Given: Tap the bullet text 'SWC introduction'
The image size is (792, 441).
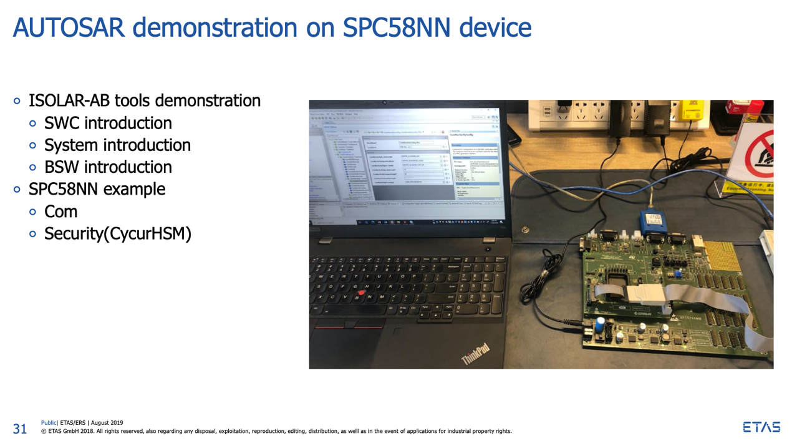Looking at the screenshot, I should pyautogui.click(x=108, y=123).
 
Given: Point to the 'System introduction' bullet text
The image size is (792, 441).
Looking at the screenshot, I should pyautogui.click(x=117, y=145).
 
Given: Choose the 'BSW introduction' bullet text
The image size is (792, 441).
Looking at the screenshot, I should pyautogui.click(x=108, y=167).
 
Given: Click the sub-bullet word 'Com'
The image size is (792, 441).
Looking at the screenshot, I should pyautogui.click(x=60, y=211).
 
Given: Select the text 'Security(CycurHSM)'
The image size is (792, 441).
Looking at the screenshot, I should pyautogui.click(x=117, y=234).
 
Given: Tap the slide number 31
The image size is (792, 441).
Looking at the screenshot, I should pyautogui.click(x=20, y=429).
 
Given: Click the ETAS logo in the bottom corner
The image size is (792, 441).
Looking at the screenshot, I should pyautogui.click(x=761, y=427).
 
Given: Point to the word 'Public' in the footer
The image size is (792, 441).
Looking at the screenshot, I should pyautogui.click(x=49, y=423).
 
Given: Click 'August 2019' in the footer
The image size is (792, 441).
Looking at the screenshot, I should pyautogui.click(x=107, y=423).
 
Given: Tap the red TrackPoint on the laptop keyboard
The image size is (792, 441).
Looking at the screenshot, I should pyautogui.click(x=361, y=292).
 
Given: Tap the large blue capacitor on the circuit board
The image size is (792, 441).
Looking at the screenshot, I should pyautogui.click(x=599, y=325).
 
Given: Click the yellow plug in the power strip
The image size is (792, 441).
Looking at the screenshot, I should pyautogui.click(x=691, y=110).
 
